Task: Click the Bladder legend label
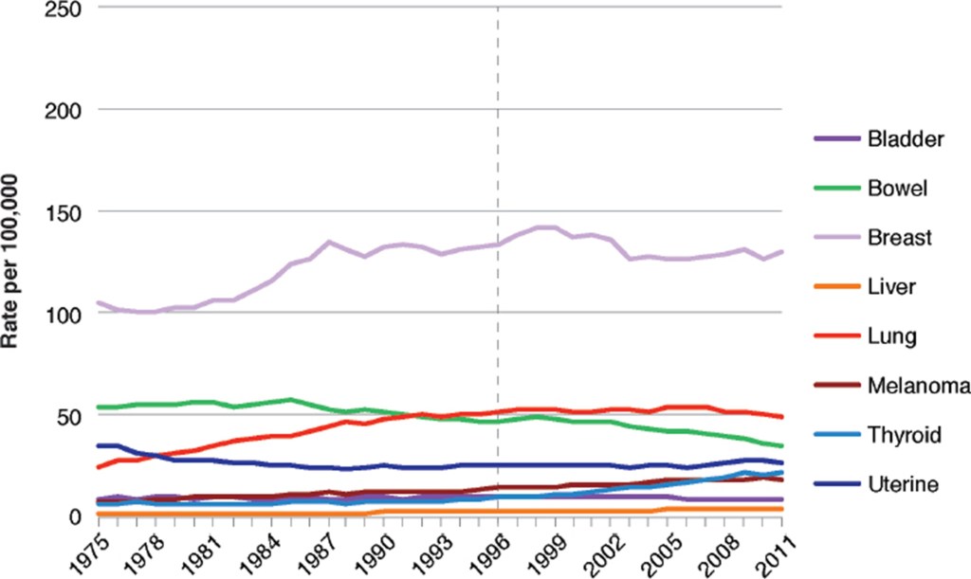pos(906,139)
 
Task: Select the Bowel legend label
pos(897,188)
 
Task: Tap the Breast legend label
pos(900,237)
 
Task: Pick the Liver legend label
pos(891,286)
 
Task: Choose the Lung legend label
pos(890,335)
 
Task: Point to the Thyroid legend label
pos(904,435)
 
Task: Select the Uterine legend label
pos(903,484)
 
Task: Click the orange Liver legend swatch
pos(834,286)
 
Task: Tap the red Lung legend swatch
pos(834,335)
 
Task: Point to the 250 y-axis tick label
pos(60,9)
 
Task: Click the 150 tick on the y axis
pos(60,212)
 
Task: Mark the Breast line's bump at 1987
pos(328,242)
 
